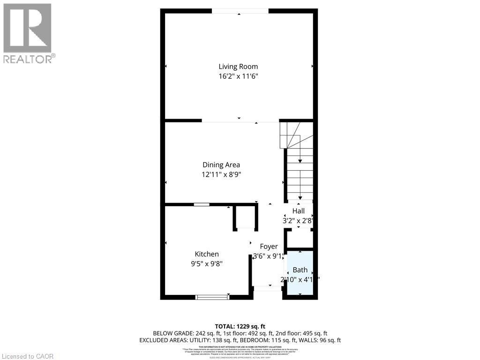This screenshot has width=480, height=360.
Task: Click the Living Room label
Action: point(238,67)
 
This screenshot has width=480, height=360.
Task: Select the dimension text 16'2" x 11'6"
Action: point(238,76)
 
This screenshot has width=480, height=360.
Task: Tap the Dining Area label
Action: point(221,165)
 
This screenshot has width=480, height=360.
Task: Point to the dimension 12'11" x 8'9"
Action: point(221,174)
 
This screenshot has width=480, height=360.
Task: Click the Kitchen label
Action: point(207,254)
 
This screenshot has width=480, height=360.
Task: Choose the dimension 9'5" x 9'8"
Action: point(207,263)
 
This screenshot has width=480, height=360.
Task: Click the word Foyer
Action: point(269,247)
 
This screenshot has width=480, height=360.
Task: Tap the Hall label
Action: point(299,211)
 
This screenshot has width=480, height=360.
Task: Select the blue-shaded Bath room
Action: point(300,273)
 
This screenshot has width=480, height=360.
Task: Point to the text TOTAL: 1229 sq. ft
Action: point(240,326)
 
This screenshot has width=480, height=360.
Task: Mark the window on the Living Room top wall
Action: point(240,11)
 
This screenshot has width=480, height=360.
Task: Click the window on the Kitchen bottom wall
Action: point(212,297)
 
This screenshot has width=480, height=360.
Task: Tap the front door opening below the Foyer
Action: point(268,288)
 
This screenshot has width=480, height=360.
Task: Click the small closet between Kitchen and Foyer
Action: point(246,217)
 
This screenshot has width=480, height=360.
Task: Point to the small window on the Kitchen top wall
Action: point(202,204)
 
